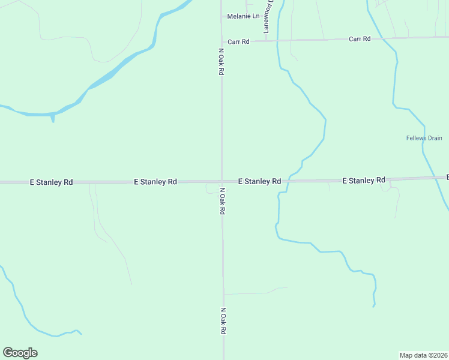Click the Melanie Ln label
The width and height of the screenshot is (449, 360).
[x=243, y=16]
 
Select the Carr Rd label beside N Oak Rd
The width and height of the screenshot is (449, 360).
[x=238, y=42]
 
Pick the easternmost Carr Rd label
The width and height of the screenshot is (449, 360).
[x=360, y=39]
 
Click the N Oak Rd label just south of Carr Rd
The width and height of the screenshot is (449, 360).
[x=221, y=62]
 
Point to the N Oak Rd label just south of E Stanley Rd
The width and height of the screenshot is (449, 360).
[x=222, y=202]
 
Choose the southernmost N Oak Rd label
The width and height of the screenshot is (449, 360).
[x=223, y=322]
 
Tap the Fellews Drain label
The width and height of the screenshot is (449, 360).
[x=424, y=139]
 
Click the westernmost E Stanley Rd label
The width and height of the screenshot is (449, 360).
[x=51, y=181]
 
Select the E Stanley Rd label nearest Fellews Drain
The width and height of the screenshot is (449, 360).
[x=364, y=180]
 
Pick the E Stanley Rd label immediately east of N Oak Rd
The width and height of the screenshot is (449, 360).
[x=259, y=181]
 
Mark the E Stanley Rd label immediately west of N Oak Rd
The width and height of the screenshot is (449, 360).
[x=155, y=181]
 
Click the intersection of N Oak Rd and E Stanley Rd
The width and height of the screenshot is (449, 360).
[x=221, y=181]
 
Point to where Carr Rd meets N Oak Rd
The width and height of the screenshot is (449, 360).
[x=221, y=41]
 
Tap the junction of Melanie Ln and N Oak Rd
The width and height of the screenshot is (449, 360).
[x=221, y=17]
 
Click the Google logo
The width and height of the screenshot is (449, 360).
[x=20, y=353]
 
